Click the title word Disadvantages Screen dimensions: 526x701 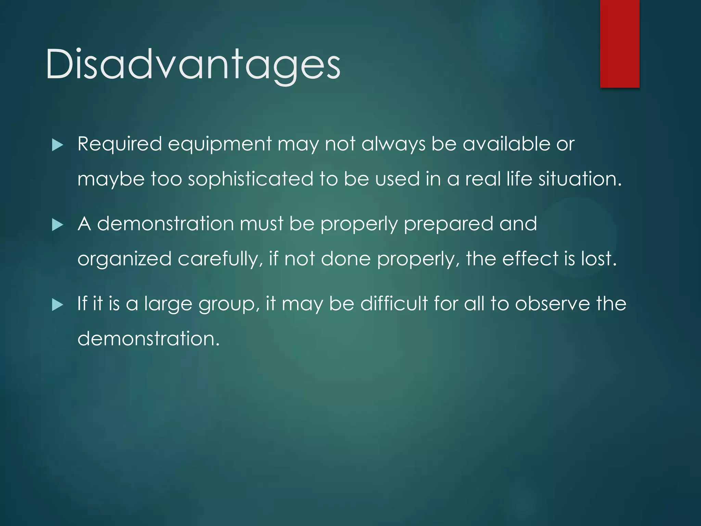(193, 64)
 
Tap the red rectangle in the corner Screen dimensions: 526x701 (620, 43)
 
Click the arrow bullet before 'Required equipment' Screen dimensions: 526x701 (58, 145)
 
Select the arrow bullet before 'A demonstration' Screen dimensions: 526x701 (58, 225)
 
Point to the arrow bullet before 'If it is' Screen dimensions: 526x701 (58, 305)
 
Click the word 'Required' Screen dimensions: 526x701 (119, 144)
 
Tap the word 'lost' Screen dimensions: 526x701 (599, 259)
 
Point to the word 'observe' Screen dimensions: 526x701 (552, 304)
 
